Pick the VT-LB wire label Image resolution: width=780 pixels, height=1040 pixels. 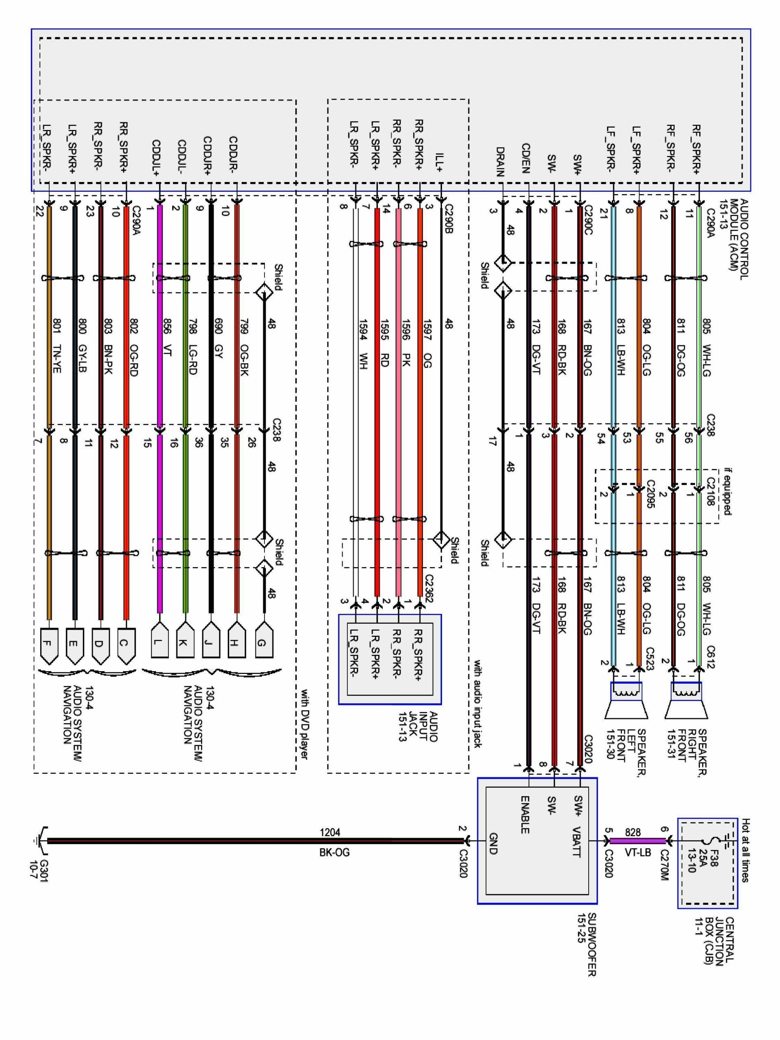click(637, 852)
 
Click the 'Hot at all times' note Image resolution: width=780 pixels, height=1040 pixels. click(745, 851)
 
